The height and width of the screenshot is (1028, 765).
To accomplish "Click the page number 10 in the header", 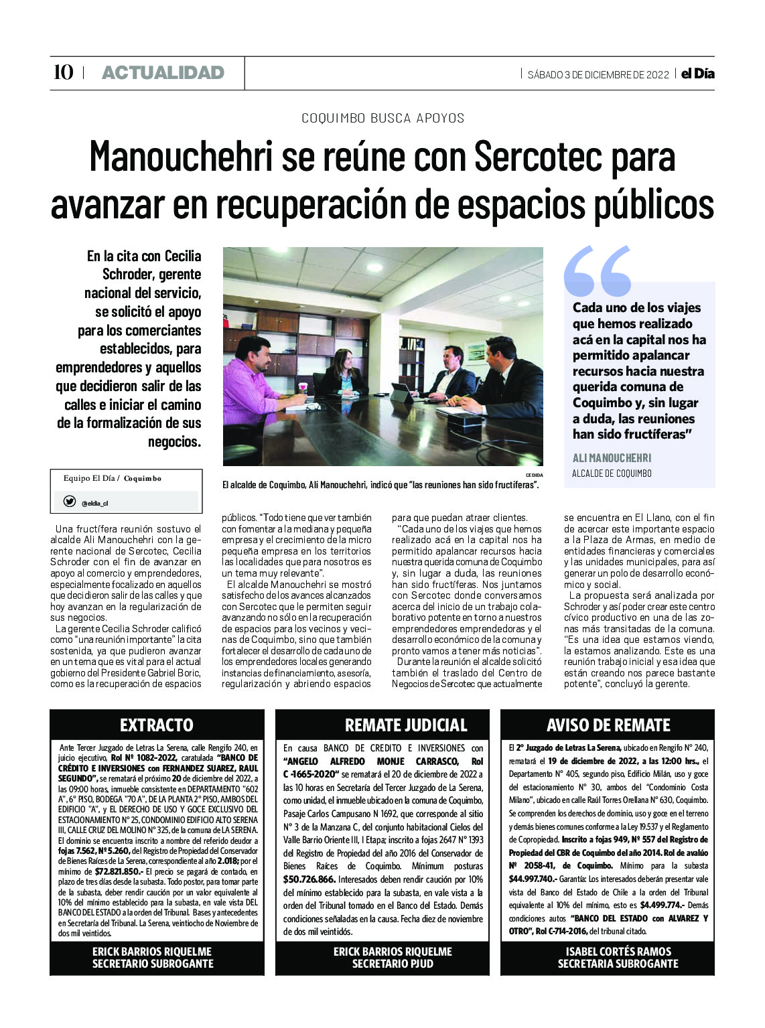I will tap(63, 72).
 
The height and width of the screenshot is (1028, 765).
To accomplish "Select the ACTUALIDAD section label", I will tap(163, 73).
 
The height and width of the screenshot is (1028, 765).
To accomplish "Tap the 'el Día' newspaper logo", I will tap(697, 74).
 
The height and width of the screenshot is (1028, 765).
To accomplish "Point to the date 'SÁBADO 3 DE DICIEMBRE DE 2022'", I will tap(598, 74).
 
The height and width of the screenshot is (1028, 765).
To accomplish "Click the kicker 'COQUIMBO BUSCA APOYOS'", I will tap(382, 118).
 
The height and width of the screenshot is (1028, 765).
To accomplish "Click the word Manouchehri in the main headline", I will tap(181, 157).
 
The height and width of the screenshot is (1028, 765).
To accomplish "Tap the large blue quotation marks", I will tap(598, 271).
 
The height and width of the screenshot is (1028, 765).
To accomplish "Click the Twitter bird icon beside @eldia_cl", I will tap(69, 501).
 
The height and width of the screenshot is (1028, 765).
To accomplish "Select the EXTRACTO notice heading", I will tap(157, 725).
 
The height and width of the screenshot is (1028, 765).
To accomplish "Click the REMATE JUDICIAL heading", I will tap(406, 725).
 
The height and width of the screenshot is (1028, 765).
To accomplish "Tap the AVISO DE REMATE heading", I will tap(608, 725).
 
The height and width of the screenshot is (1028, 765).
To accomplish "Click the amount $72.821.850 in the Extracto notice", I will tap(119, 871).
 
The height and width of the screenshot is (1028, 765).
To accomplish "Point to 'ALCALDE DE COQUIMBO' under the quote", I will tap(612, 473).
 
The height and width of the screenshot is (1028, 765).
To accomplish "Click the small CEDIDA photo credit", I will tap(534, 475).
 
